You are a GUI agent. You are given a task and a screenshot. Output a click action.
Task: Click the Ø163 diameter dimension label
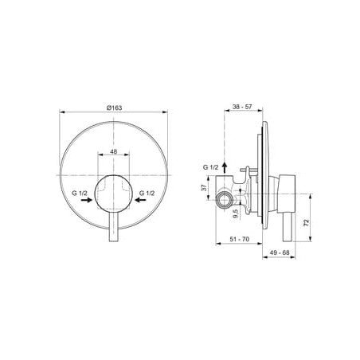point(114,108)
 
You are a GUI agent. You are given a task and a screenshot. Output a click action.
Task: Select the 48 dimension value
point(113,151)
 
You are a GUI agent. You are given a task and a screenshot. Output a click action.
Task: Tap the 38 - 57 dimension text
point(242,107)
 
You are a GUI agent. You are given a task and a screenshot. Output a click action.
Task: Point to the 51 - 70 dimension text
point(240,239)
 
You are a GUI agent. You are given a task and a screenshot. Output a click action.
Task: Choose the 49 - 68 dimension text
point(280,252)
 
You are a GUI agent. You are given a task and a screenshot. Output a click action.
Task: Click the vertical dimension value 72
point(307,222)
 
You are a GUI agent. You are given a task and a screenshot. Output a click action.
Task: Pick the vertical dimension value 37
point(204,188)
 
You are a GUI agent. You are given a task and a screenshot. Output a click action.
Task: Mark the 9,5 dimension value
point(236,213)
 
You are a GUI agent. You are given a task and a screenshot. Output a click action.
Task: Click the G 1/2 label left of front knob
point(80,193)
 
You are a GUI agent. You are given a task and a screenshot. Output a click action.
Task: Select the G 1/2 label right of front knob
point(147,193)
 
